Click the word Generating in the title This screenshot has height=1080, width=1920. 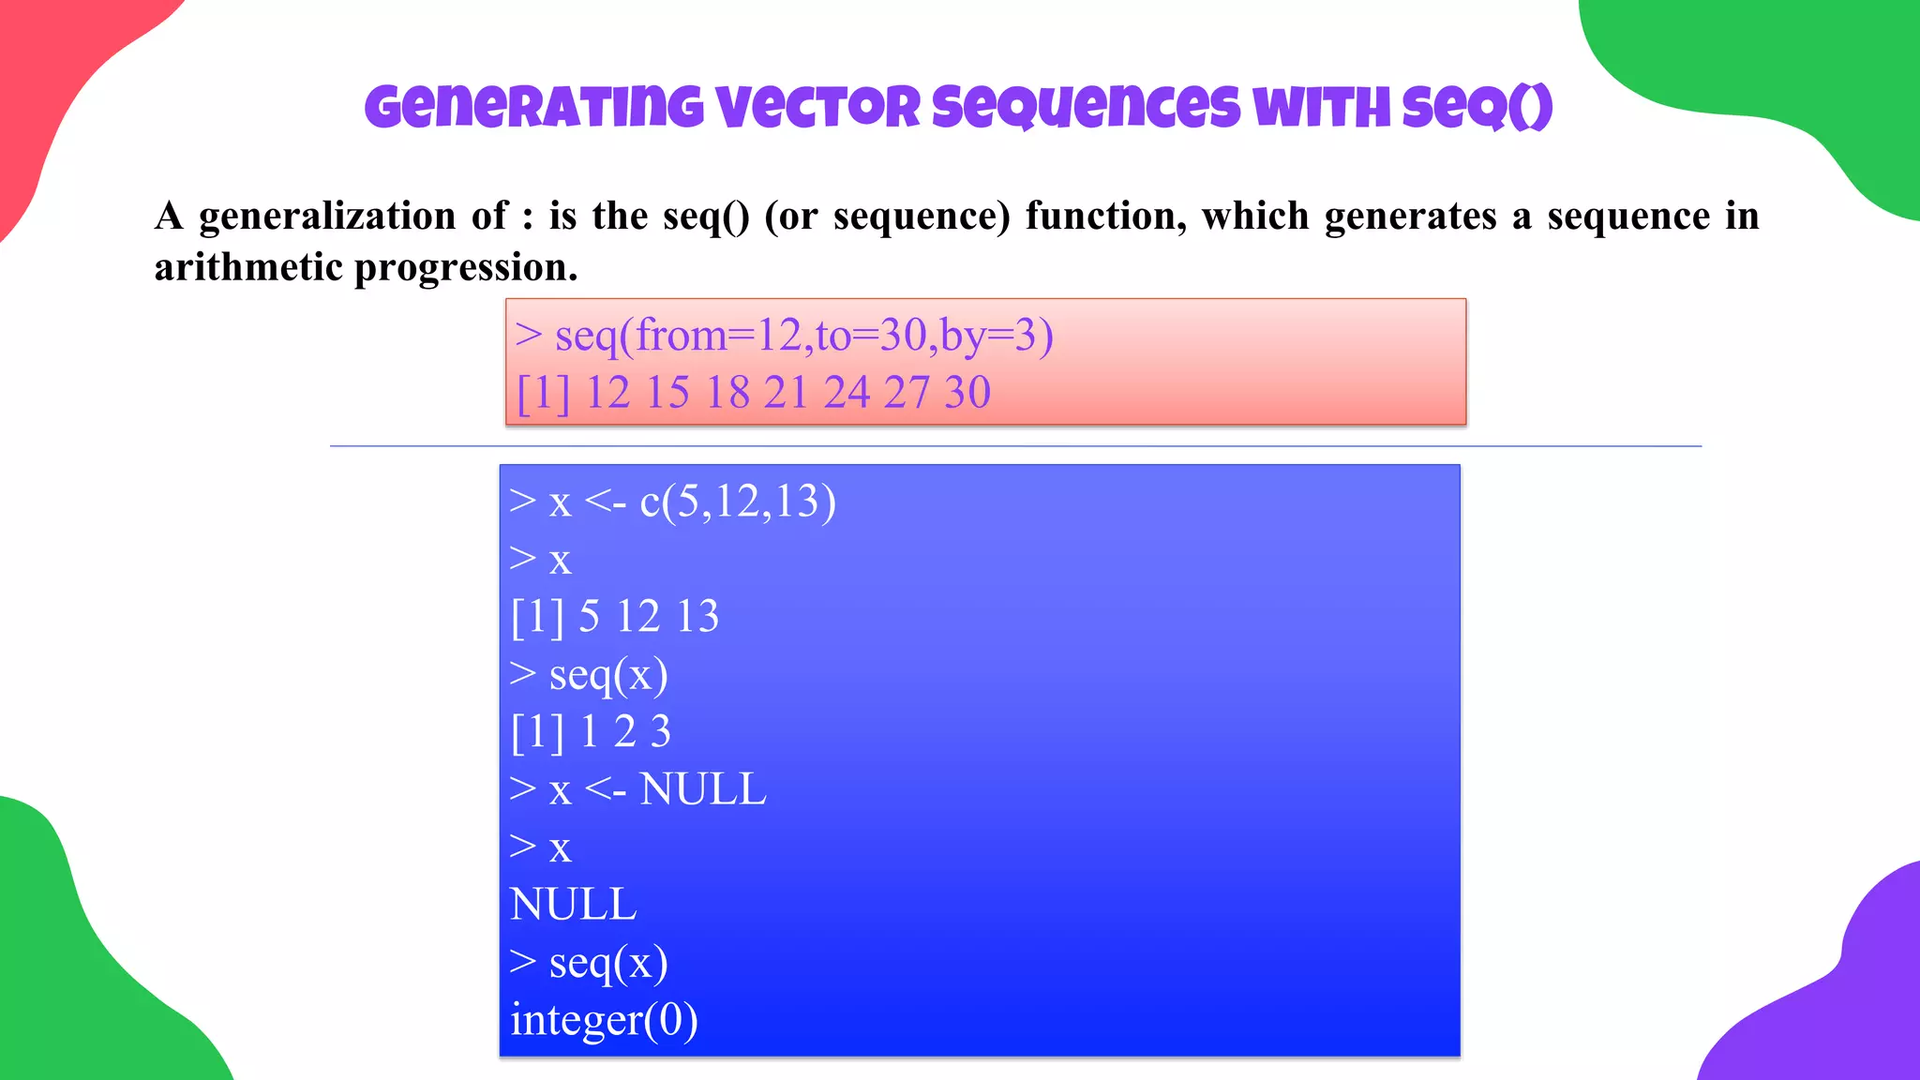point(533,107)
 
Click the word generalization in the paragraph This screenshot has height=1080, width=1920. point(327,217)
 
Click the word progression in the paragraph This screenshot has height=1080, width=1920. point(466,268)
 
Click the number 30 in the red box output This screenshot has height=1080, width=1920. point(967,392)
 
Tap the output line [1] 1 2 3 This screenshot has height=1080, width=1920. point(591,731)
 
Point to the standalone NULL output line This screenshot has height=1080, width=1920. point(573,905)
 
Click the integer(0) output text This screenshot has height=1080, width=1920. point(604,1020)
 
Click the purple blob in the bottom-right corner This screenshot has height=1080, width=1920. point(1837,1003)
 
